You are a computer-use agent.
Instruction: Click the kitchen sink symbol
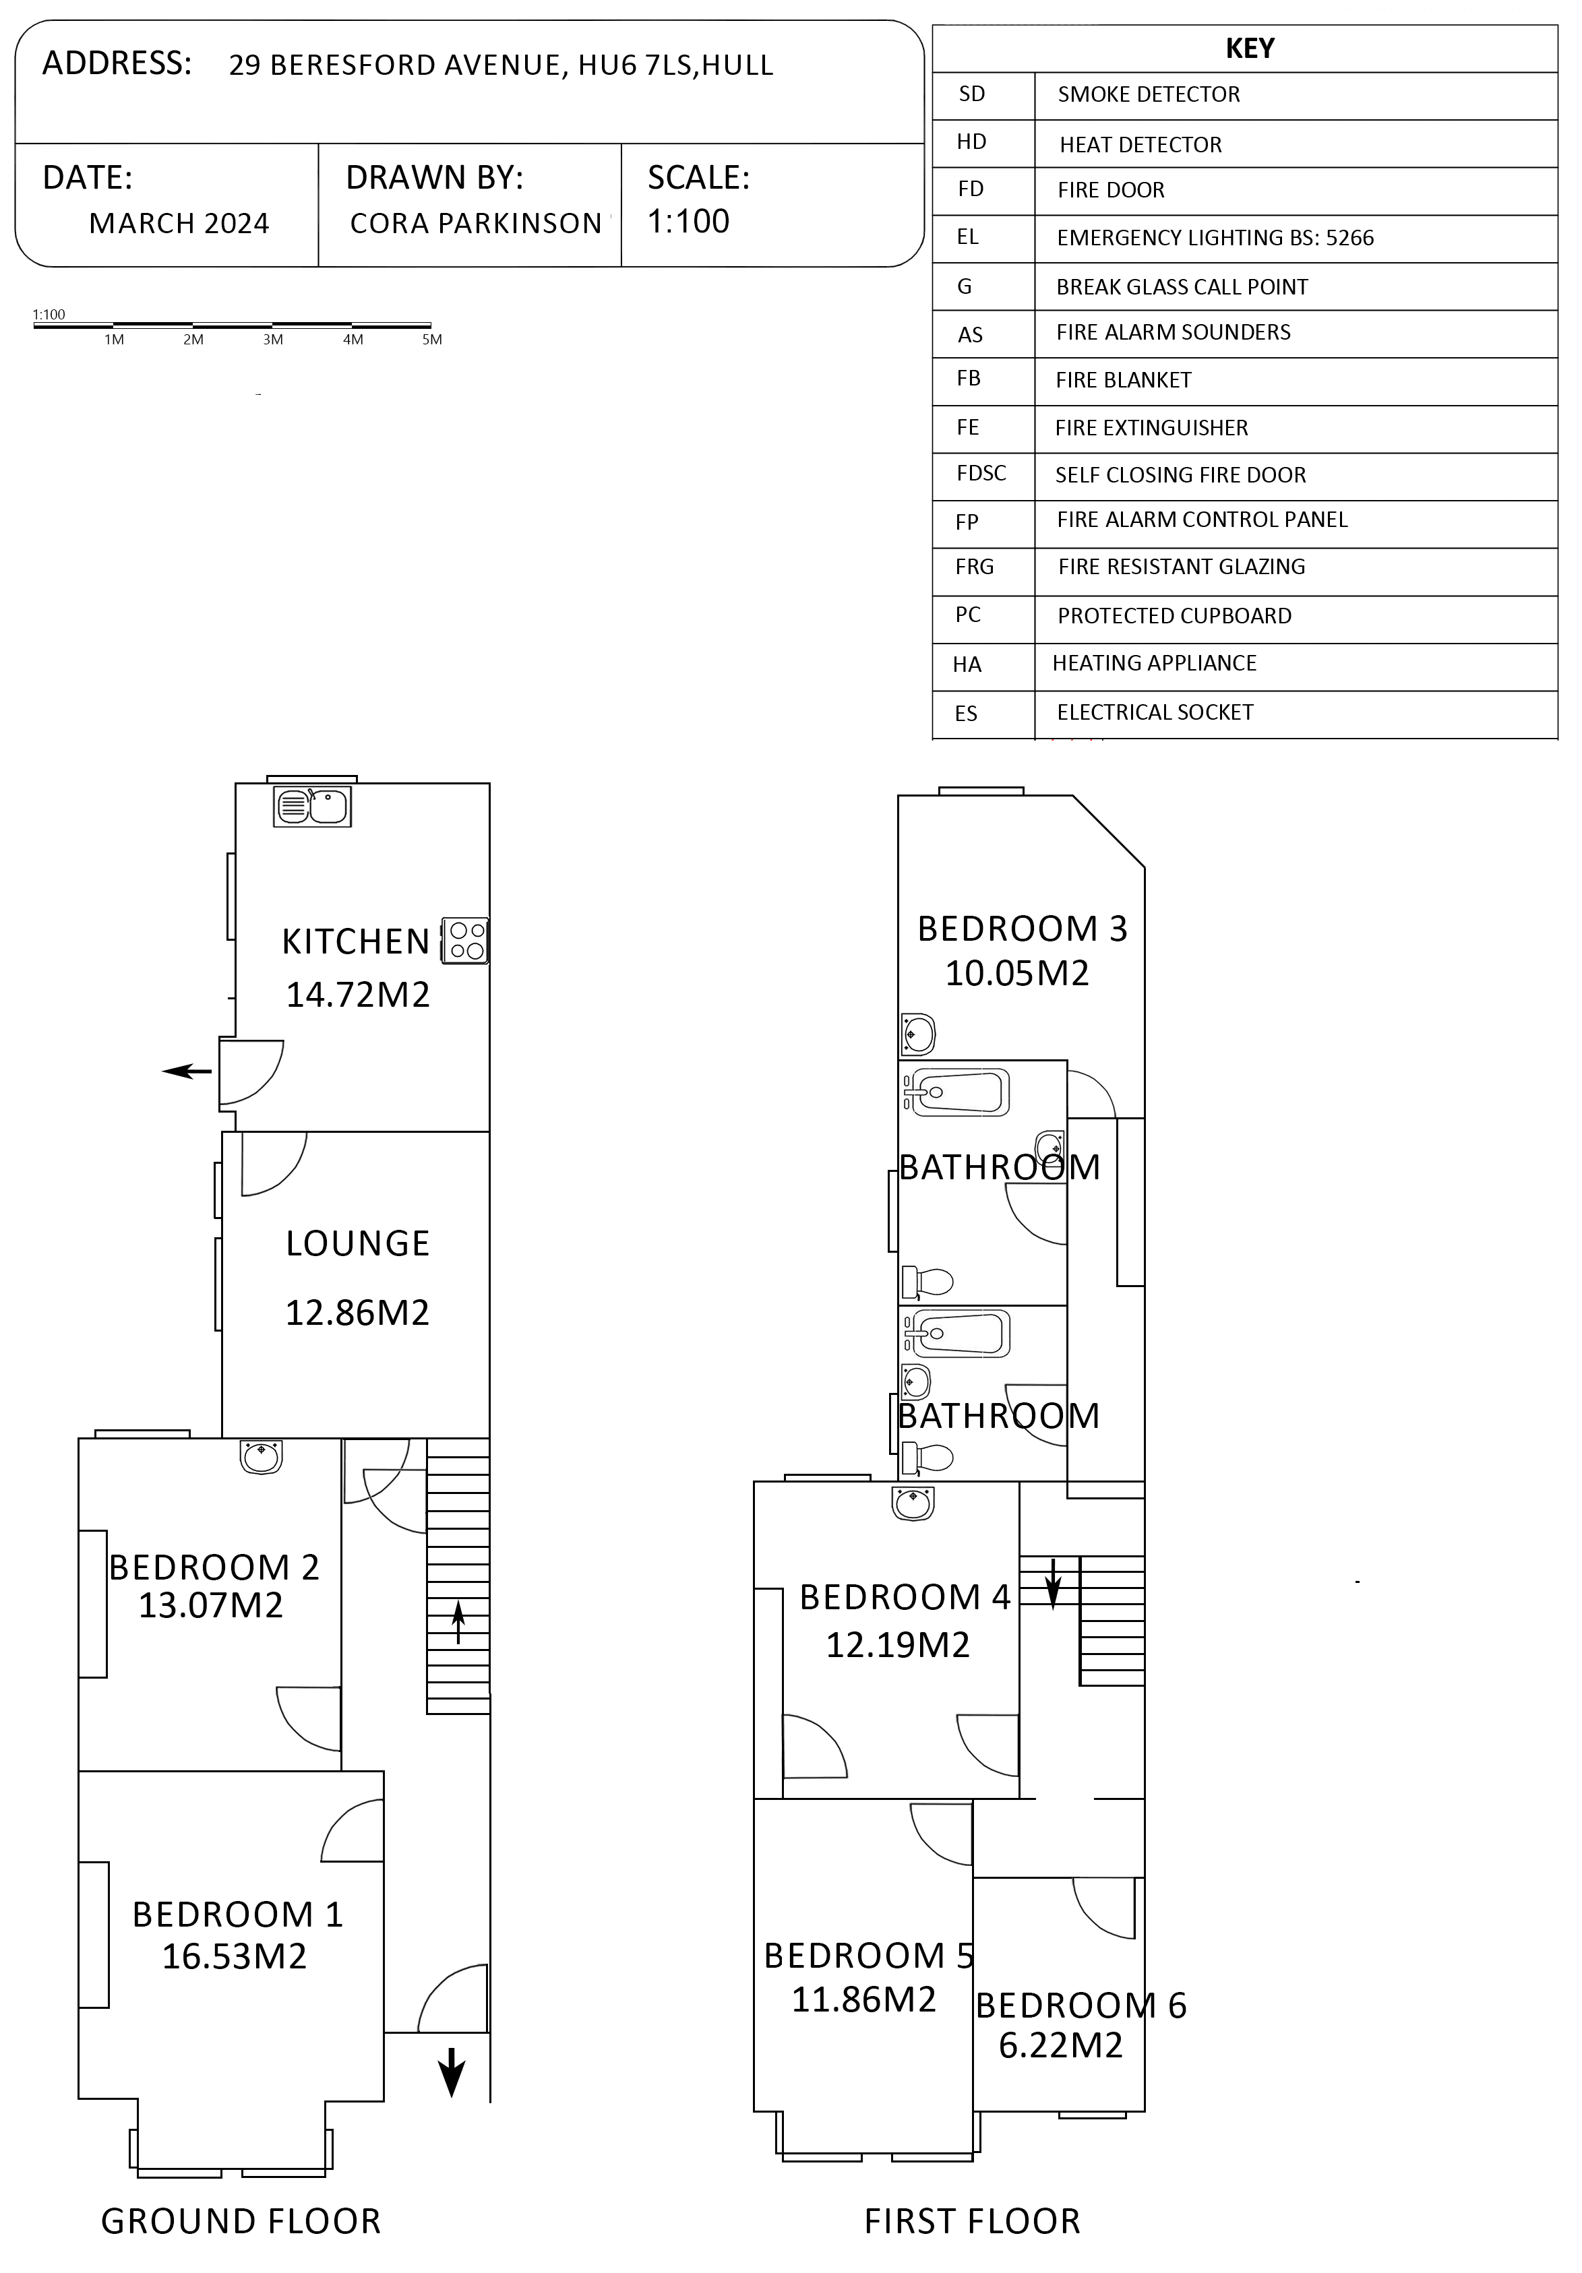click(312, 806)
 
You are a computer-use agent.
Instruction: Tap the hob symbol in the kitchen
click(465, 941)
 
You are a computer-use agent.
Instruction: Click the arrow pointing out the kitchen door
click(187, 1071)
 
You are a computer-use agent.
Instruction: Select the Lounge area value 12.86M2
click(357, 1313)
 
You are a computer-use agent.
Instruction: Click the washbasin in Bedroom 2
click(262, 1456)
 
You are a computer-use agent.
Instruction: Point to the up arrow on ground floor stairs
click(458, 1621)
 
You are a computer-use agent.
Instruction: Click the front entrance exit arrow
click(452, 2071)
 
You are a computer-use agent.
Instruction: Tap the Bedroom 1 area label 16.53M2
click(235, 1956)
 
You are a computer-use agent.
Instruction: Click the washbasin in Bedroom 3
click(917, 1034)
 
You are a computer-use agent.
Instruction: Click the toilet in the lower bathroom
click(927, 1457)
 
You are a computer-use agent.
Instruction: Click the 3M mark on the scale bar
click(273, 340)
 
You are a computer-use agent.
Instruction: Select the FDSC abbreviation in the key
click(981, 473)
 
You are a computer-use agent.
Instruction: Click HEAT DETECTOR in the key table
click(1140, 144)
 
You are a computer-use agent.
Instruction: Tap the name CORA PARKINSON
click(476, 224)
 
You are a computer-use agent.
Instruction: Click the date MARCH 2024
click(179, 224)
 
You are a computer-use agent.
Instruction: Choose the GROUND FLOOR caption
click(241, 2222)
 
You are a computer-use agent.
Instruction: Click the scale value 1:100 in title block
click(688, 221)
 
